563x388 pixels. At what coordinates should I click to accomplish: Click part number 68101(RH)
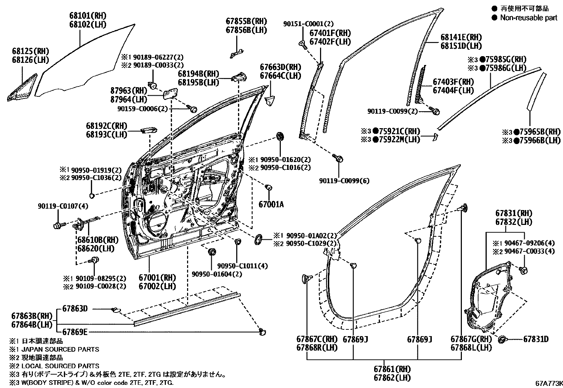(x=88, y=16)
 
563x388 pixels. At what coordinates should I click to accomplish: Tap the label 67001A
(x=271, y=204)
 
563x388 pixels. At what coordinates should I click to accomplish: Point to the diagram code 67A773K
(x=548, y=383)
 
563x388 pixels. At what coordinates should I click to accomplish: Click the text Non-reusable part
(x=528, y=18)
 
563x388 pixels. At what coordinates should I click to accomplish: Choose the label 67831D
(x=536, y=339)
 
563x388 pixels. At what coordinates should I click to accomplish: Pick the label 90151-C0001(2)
(x=308, y=24)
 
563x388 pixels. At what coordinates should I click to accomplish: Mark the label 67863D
(x=75, y=309)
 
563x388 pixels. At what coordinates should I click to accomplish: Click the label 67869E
(x=75, y=332)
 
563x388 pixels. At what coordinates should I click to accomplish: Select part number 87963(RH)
(x=123, y=90)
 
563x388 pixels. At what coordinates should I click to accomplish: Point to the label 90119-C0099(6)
(x=344, y=181)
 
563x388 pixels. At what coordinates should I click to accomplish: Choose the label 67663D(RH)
(x=280, y=67)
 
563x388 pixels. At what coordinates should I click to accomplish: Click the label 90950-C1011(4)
(x=242, y=266)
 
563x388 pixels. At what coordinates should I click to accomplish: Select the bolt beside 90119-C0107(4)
(x=58, y=225)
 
